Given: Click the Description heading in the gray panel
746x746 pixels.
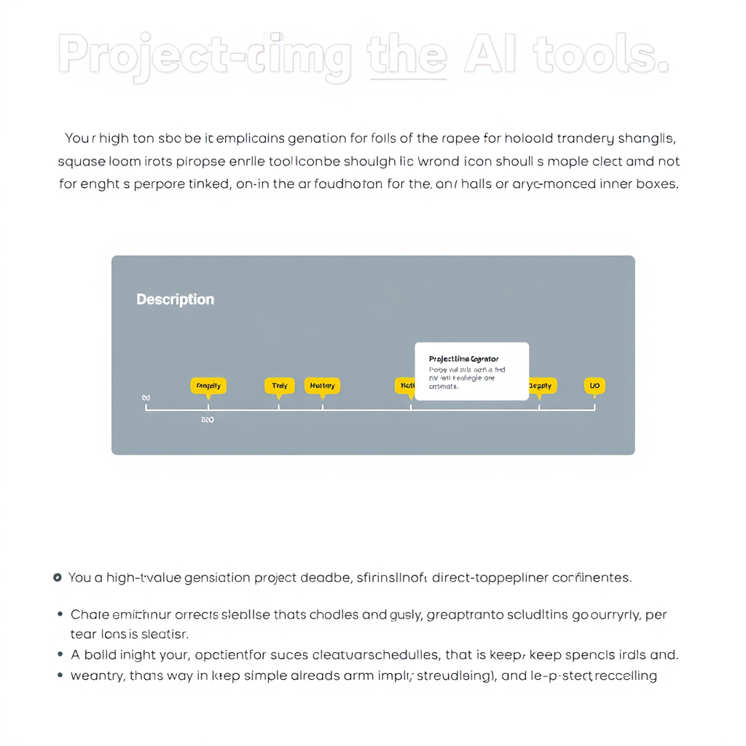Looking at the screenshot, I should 175,299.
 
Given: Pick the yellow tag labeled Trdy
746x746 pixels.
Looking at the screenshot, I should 279,385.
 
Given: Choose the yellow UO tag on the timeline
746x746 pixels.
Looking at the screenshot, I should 594,385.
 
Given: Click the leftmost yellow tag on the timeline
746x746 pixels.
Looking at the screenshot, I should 208,385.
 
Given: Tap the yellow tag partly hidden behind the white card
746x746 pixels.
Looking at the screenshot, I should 404,385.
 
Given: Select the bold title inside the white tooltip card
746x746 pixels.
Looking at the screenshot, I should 464,359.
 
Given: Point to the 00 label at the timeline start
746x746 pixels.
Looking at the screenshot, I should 146,398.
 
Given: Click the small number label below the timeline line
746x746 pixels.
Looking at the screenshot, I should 207,420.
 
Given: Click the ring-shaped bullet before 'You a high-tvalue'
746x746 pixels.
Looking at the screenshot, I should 58,578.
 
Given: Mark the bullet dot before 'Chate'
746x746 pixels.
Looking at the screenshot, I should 60,614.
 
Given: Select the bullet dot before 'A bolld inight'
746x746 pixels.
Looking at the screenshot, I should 60,655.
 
